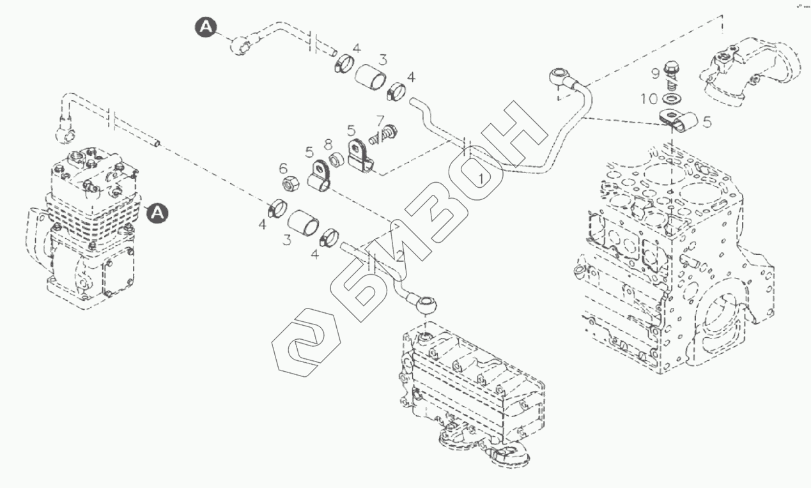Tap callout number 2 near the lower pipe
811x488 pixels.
tap(399, 257)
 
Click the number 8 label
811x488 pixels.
tap(328, 144)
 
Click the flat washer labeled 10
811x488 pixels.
tap(670, 100)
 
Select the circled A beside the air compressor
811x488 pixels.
tap(157, 213)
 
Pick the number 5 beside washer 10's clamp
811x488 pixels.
tap(706, 121)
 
